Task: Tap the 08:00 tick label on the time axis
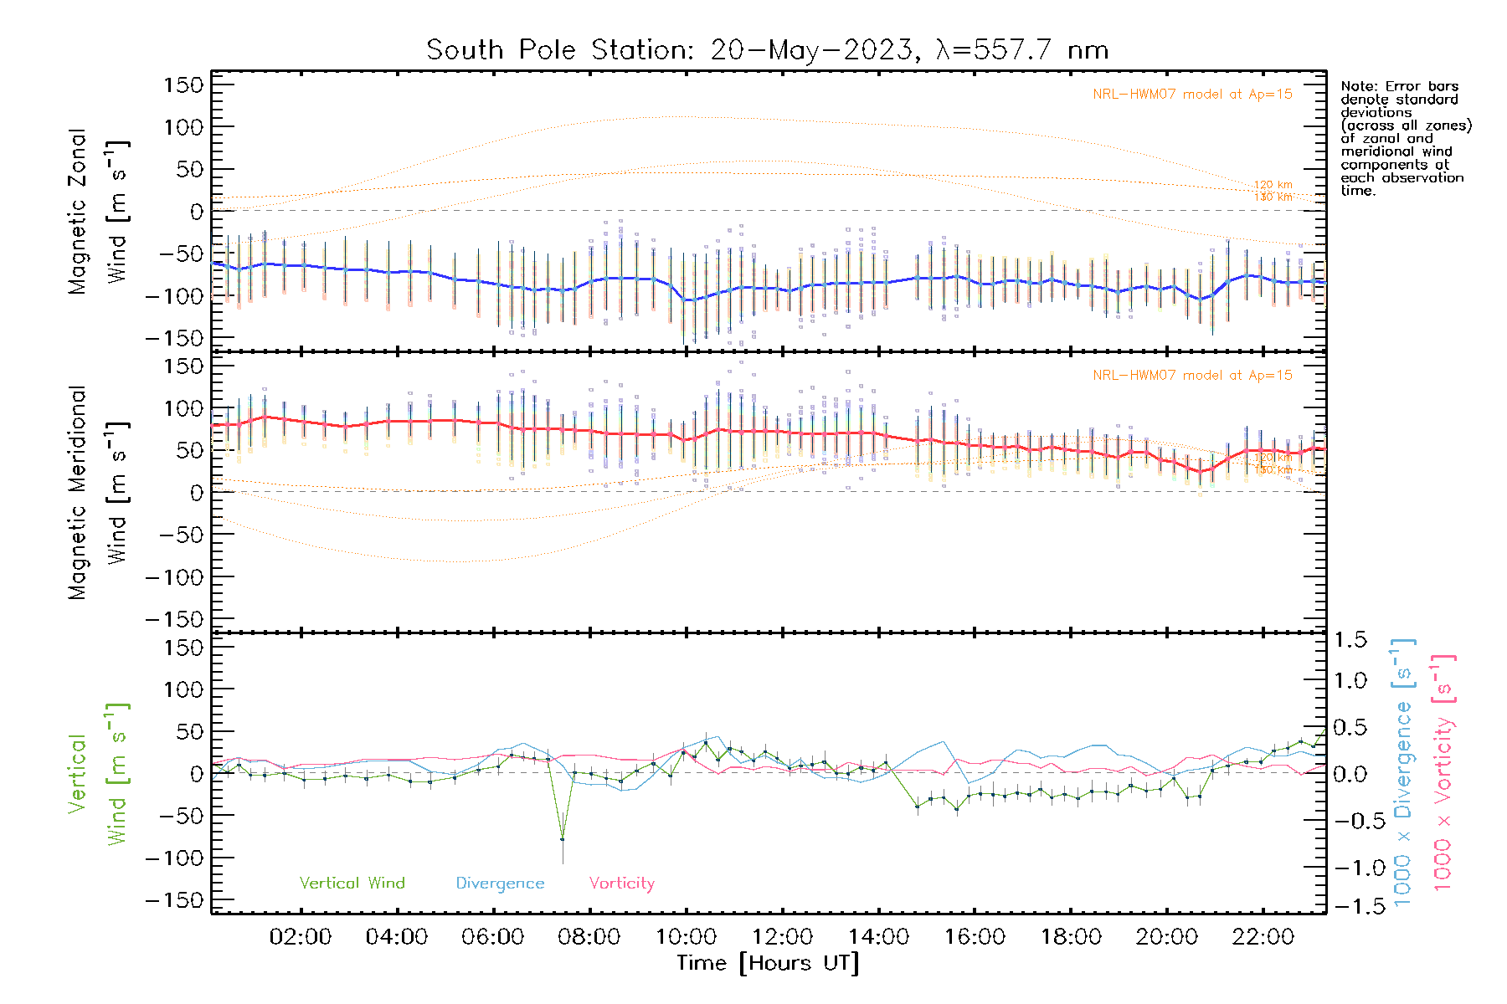[589, 937]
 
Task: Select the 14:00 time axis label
[878, 937]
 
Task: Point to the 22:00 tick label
[1263, 937]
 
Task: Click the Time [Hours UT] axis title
[768, 963]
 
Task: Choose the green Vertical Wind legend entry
[352, 884]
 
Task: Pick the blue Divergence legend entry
[500, 884]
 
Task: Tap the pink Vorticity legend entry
[621, 884]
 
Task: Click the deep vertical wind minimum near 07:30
[563, 838]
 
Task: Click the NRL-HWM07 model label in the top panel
[1192, 95]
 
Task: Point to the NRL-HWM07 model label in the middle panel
[1192, 376]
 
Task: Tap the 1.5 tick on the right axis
[1350, 640]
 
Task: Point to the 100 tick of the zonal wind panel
[184, 127]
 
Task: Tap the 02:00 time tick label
[300, 937]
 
